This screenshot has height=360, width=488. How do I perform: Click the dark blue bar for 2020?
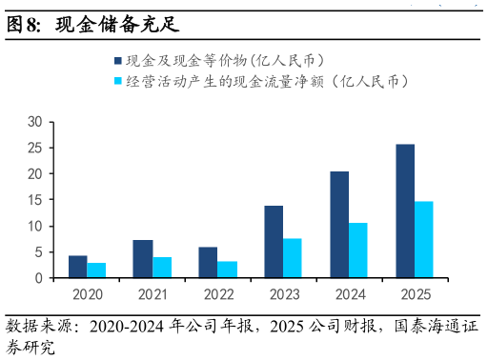pyautogui.click(x=77, y=267)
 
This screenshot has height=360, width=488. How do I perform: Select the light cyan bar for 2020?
pyautogui.click(x=96, y=270)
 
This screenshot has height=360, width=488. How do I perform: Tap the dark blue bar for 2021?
pyautogui.click(x=143, y=259)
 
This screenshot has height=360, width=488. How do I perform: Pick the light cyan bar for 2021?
pyautogui.click(x=162, y=268)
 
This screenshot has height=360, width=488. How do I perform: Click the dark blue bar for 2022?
pyautogui.click(x=208, y=262)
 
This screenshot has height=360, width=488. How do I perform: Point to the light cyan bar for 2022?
pyautogui.click(x=227, y=270)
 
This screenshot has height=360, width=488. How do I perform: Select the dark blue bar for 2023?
pyautogui.click(x=274, y=242)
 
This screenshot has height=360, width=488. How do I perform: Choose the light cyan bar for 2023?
pyautogui.click(x=293, y=258)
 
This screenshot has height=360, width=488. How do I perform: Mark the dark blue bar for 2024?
pyautogui.click(x=339, y=225)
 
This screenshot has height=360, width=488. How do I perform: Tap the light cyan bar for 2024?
pyautogui.click(x=358, y=250)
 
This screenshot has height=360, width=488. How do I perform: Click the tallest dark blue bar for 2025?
pyautogui.click(x=405, y=210)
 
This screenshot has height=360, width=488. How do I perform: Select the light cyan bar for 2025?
pyautogui.click(x=424, y=239)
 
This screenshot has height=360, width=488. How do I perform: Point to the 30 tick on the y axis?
pyautogui.click(x=35, y=122)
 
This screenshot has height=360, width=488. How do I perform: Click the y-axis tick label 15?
pyautogui.click(x=35, y=200)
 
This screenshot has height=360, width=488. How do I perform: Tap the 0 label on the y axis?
pyautogui.click(x=39, y=278)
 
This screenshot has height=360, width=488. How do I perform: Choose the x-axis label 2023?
pyautogui.click(x=283, y=294)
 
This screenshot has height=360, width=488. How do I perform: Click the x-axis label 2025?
pyautogui.click(x=415, y=294)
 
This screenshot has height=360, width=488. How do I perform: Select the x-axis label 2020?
pyautogui.click(x=87, y=294)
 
